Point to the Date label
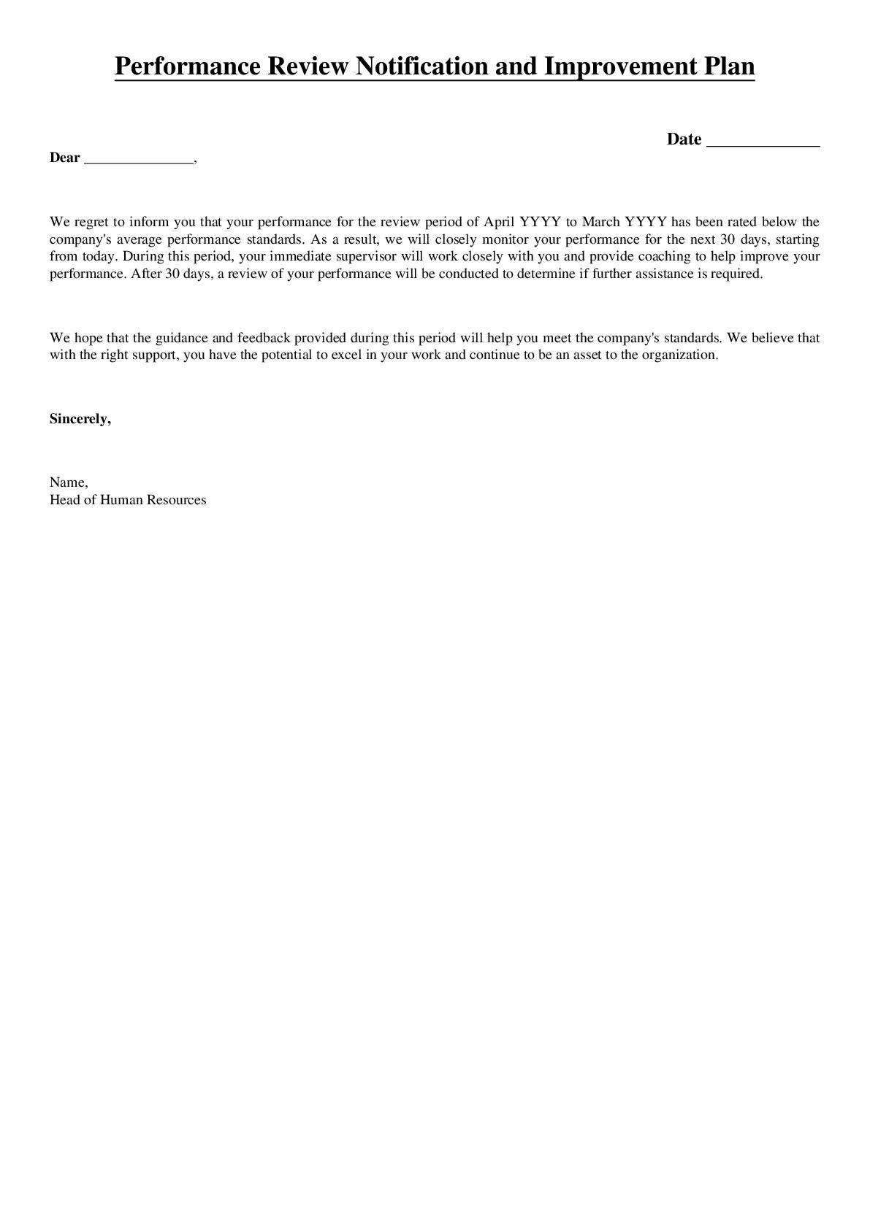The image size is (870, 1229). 684,139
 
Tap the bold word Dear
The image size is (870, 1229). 64,158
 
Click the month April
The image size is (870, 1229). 499,222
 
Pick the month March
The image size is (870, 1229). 600,222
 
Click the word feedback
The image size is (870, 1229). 264,338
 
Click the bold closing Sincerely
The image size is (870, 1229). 80,419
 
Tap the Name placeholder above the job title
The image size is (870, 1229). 68,482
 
